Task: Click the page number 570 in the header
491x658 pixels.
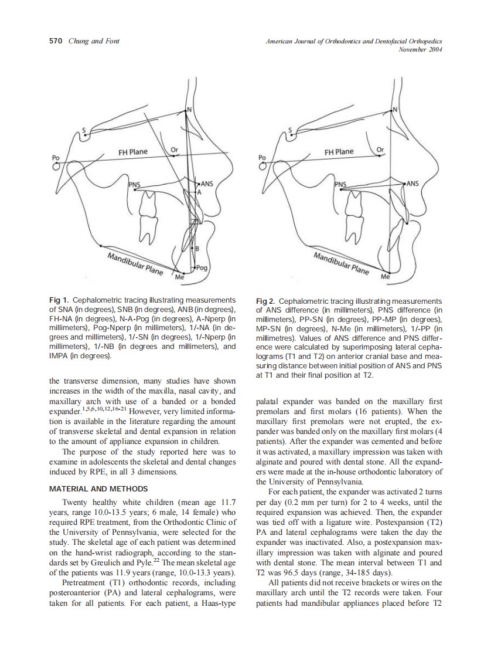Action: click(56, 41)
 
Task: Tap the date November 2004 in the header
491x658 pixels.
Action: click(420, 49)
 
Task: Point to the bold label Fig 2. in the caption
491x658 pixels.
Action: click(267, 300)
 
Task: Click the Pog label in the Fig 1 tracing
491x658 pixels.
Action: click(202, 267)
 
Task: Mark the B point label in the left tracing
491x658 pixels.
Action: click(197, 249)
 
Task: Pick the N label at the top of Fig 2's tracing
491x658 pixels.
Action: click(395, 110)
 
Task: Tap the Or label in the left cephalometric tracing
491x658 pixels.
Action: click(174, 150)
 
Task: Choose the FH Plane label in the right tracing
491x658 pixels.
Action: click(339, 152)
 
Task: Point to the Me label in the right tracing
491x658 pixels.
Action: click(385, 276)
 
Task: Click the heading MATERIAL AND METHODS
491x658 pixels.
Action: click(98, 489)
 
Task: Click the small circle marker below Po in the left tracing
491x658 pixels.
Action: click(57, 167)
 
